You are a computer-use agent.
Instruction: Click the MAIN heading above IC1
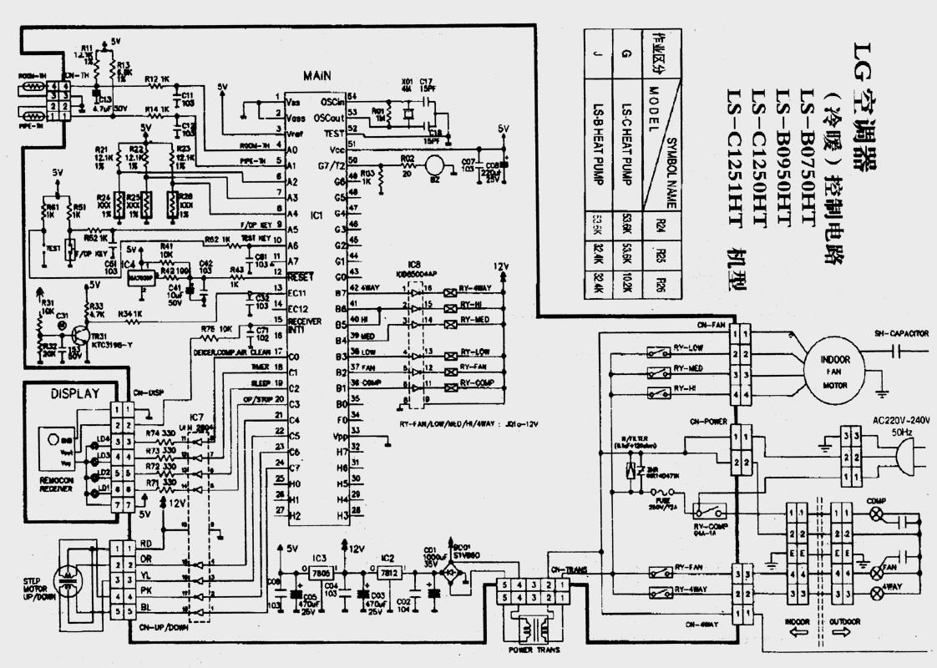tap(317, 75)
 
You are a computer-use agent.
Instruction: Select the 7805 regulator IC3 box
tap(320, 574)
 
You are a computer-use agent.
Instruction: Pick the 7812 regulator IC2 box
tap(387, 574)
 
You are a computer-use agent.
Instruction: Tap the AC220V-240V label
tap(900, 420)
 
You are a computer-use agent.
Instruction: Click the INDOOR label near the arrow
tap(798, 622)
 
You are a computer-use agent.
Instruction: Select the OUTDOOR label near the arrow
tap(844, 622)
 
